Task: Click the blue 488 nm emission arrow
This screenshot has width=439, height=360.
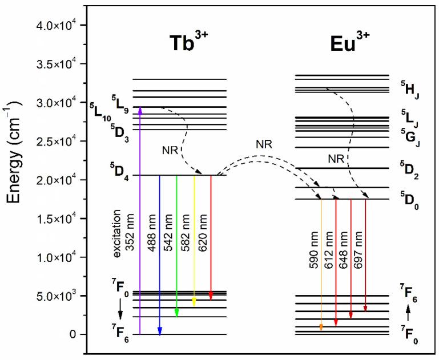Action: pyautogui.click(x=160, y=257)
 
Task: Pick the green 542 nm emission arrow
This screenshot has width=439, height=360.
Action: pyautogui.click(x=177, y=245)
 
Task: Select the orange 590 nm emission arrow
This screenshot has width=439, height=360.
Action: pyautogui.click(x=321, y=268)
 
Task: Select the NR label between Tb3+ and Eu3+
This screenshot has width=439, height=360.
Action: pyautogui.click(x=264, y=144)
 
